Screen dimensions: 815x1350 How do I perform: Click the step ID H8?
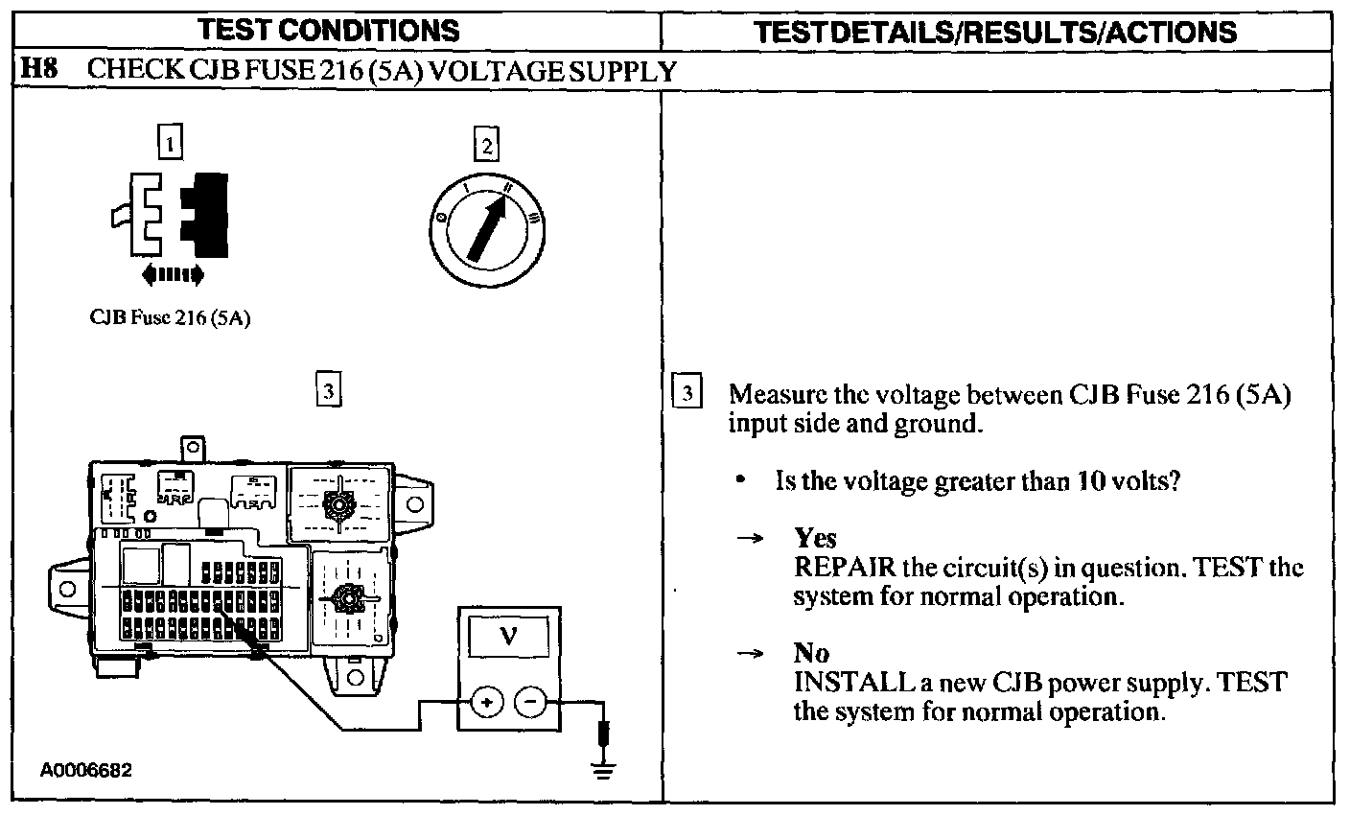click(37, 70)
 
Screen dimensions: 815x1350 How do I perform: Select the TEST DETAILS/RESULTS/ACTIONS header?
click(995, 31)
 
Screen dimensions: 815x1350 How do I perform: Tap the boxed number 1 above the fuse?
click(169, 144)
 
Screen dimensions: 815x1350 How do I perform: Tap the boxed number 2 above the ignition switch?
click(487, 146)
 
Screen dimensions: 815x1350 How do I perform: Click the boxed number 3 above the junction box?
click(327, 390)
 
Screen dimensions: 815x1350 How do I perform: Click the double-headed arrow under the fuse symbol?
click(172, 276)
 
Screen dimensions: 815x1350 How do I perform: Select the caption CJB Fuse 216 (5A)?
click(171, 318)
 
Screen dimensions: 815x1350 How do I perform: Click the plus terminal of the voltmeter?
click(486, 703)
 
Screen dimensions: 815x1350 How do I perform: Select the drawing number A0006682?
click(86, 770)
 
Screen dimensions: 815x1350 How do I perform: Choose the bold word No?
click(811, 654)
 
